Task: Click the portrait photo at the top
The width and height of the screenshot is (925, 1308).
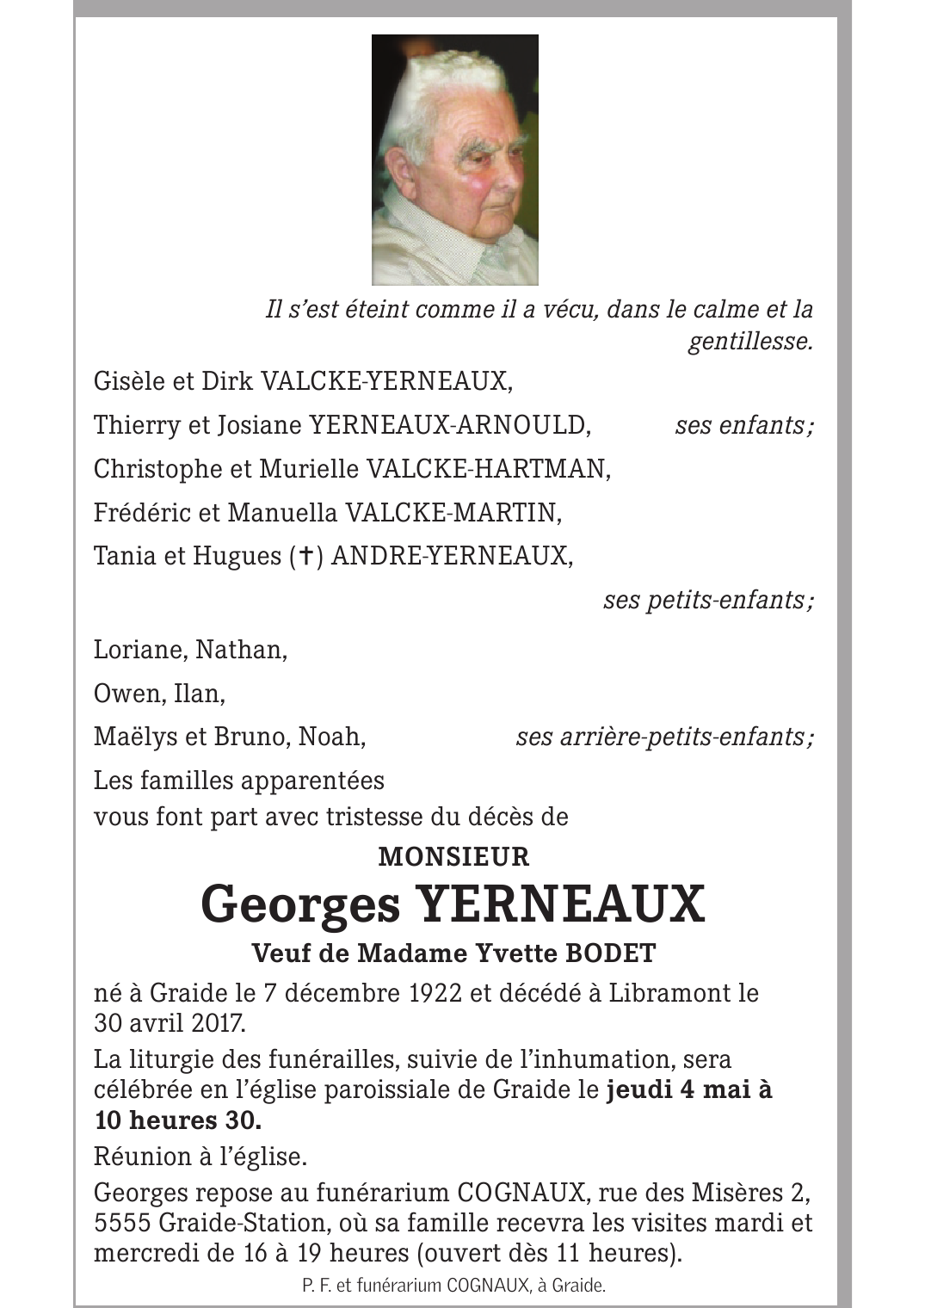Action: [x=454, y=160]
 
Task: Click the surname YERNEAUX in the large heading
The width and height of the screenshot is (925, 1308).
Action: [x=560, y=904]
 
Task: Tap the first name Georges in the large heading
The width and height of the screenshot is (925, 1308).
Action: [x=301, y=904]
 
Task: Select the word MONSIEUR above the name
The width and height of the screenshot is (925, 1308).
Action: [x=454, y=857]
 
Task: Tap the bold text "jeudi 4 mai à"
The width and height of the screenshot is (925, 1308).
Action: [x=689, y=1089]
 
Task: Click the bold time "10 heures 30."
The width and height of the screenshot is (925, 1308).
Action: [x=177, y=1120]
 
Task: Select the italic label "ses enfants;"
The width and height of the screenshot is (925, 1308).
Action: [x=743, y=425]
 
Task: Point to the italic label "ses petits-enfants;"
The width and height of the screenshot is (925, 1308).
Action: [x=707, y=600]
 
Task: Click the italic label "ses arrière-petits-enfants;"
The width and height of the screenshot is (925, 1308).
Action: [x=663, y=737]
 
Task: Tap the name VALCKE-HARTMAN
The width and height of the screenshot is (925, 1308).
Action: [x=488, y=469]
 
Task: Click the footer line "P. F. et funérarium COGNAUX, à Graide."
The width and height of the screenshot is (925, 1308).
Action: [x=454, y=1286]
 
